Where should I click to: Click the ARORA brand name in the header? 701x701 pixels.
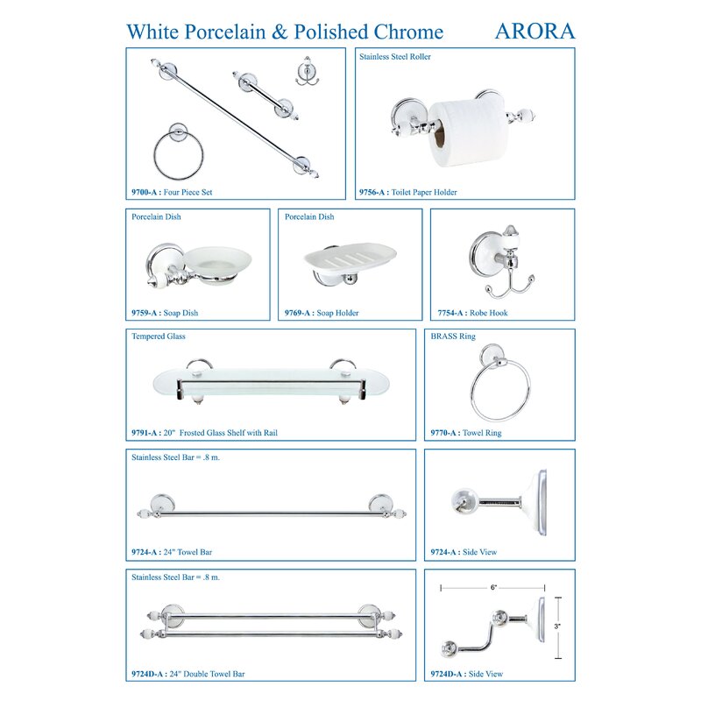(535, 32)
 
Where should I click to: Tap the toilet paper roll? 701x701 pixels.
(469, 133)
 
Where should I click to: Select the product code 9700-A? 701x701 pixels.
(144, 192)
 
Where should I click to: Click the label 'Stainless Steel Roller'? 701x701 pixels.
(395, 57)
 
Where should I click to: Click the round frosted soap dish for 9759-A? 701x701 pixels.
(217, 265)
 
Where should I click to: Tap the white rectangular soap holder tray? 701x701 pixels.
(350, 258)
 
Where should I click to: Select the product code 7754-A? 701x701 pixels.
(450, 313)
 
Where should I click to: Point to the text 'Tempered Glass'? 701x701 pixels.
(159, 336)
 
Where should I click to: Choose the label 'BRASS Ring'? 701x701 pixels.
(453, 336)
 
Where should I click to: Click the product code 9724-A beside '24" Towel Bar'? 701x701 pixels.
(144, 552)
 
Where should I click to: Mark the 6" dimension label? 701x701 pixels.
(493, 587)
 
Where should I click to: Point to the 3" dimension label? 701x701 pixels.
(557, 627)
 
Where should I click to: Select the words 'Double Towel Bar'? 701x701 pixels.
(214, 674)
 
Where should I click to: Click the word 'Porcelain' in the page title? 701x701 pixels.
(225, 32)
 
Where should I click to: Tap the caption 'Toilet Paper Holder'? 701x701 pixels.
(424, 192)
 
